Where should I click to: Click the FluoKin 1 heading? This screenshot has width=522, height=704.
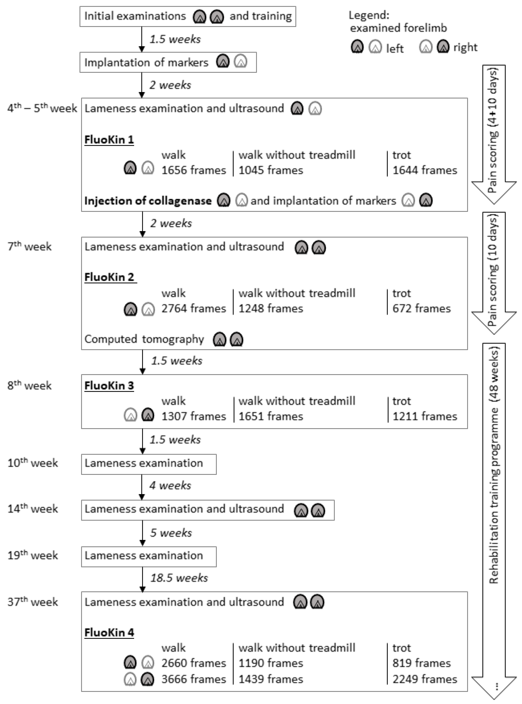tap(109, 140)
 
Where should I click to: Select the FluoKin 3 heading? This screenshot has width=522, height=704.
tap(109, 385)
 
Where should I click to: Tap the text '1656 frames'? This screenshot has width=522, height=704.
tap(194, 170)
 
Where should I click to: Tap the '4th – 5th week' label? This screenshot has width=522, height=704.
tap(42, 108)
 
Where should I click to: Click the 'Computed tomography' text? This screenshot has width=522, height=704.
tap(144, 339)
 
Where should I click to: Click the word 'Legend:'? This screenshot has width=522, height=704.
tap(369, 15)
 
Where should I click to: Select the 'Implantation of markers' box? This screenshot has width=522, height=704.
tap(168, 62)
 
